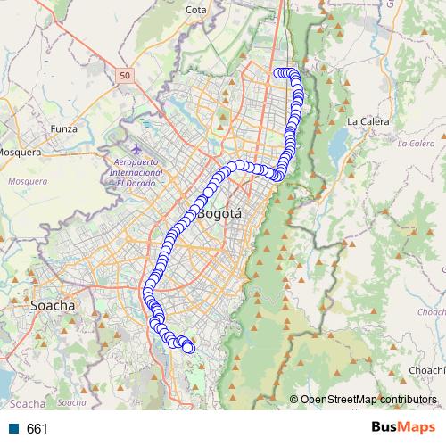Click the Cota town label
coord(196,10)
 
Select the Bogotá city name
coord(219,214)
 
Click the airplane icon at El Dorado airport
coord(135,148)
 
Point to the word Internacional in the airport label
coord(131,172)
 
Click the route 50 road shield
coord(124,76)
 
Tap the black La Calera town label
coord(366,121)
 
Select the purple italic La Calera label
coord(415,143)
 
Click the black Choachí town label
coord(425,369)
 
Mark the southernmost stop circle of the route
coord(188,348)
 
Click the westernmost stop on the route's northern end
coord(277,73)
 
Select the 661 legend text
coord(37,429)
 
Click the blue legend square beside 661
coord(14,429)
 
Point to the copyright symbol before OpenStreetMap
coord(294,400)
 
